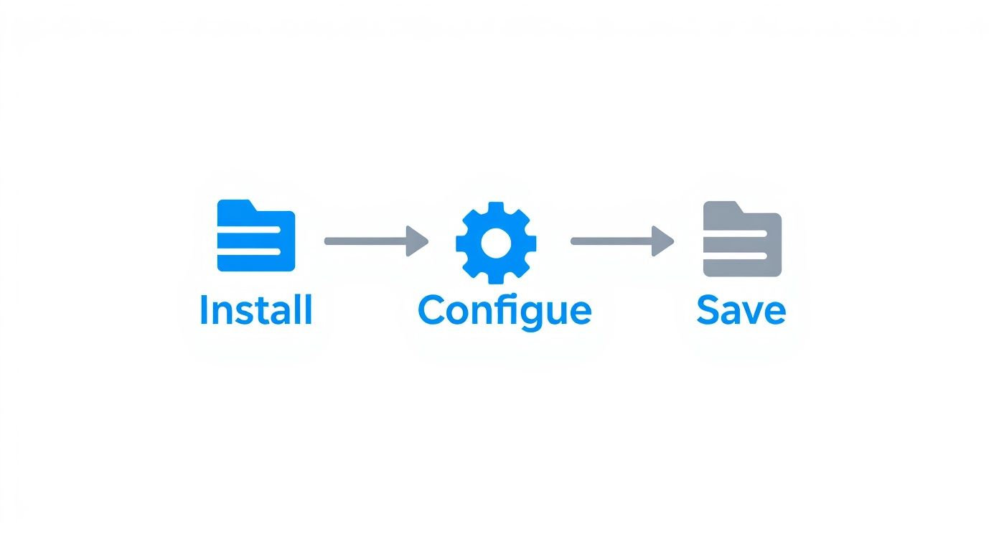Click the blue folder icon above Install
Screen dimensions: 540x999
255,237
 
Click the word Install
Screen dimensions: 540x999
255,310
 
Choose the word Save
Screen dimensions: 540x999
741,310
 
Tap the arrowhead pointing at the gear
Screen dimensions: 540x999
417,241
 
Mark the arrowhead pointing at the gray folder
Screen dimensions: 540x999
663,241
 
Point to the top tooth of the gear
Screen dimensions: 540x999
495,208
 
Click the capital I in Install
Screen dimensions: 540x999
203,309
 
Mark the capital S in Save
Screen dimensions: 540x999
708,309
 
